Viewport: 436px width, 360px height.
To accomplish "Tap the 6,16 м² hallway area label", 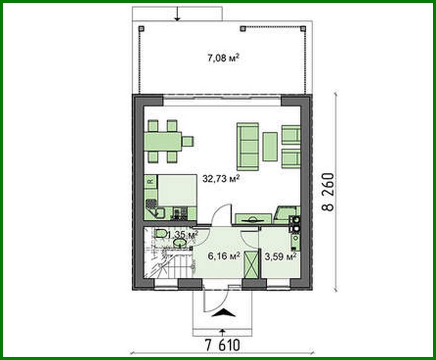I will click(x=225, y=255).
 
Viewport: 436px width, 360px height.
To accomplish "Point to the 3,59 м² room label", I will click(x=280, y=256).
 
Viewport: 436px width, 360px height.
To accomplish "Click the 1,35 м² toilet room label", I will click(x=182, y=235).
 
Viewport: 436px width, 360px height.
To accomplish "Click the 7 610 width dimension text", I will click(x=222, y=345).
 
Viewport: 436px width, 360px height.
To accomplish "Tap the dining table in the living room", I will click(x=163, y=142).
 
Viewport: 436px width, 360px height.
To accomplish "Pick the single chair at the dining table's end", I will click(x=188, y=142).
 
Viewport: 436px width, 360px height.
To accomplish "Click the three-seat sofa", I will click(x=248, y=146).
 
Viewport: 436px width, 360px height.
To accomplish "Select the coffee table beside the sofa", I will click(x=270, y=146).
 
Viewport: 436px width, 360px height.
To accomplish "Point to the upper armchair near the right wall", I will click(x=291, y=134).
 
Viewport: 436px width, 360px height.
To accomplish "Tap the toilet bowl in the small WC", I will click(x=160, y=233).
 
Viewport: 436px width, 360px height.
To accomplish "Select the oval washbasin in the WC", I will click(x=180, y=243).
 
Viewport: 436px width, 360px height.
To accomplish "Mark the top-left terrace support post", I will click(x=141, y=29).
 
